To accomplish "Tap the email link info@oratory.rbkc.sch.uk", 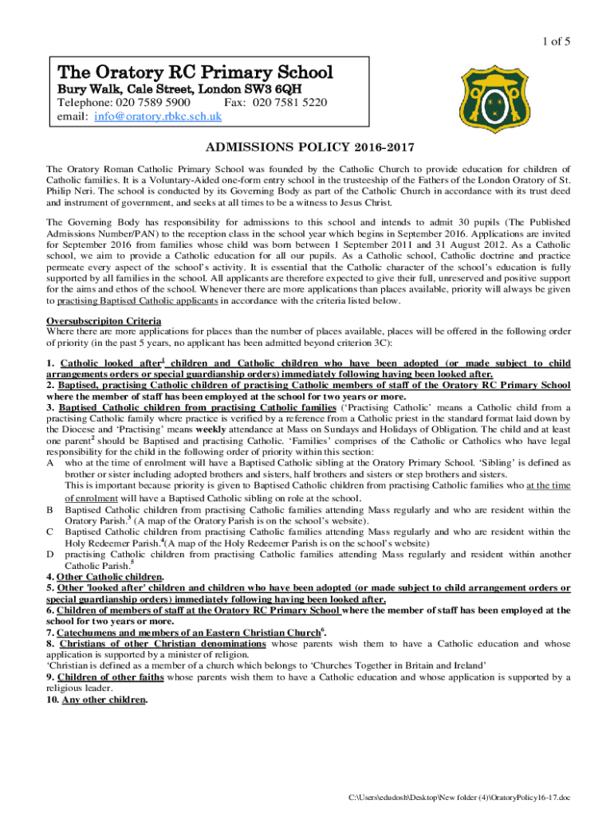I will pyautogui.click(x=158, y=116).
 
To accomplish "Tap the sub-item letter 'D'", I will pyautogui.click(x=50, y=553).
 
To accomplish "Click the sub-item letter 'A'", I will pyautogui.click(x=50, y=463).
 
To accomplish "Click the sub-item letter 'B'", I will pyautogui.click(x=50, y=508).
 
